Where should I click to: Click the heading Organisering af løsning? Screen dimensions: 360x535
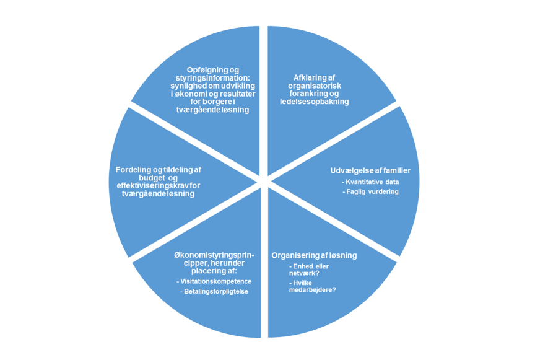point(314,255)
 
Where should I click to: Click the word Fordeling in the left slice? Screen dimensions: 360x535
point(134,169)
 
